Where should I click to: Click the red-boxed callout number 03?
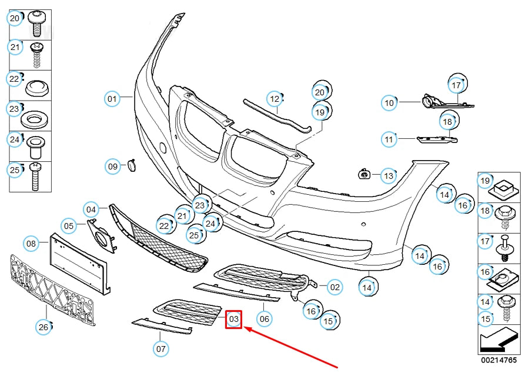pyautogui.click(x=234, y=320)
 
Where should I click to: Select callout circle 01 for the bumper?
pyautogui.click(x=112, y=98)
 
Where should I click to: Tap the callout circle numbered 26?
pyautogui.click(x=44, y=327)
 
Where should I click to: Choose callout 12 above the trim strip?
pyautogui.click(x=275, y=98)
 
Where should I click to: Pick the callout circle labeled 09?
pyautogui.click(x=113, y=167)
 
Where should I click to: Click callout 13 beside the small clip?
pyautogui.click(x=389, y=175)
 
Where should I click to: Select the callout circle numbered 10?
pyautogui.click(x=389, y=103)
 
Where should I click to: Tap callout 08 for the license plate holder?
pyautogui.click(x=31, y=243)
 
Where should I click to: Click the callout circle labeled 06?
pyautogui.click(x=265, y=319)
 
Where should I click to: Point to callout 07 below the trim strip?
pyautogui.click(x=161, y=348)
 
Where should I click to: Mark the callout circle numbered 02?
pyautogui.click(x=334, y=287)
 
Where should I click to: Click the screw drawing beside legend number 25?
pyautogui.click(x=35, y=176)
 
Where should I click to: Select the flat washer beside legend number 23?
pyautogui.click(x=35, y=118)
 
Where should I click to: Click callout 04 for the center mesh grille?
pyautogui.click(x=91, y=209)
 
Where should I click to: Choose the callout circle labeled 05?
pyautogui.click(x=69, y=225)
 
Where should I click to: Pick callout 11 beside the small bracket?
pyautogui.click(x=389, y=140)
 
